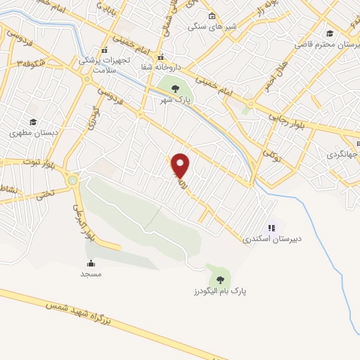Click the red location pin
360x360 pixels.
[x=181, y=165]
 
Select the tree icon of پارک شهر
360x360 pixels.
[x=175, y=88]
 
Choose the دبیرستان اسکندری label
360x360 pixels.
[x=266, y=239]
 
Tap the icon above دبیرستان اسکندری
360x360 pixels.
[x=271, y=228]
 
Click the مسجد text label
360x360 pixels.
[x=91, y=274]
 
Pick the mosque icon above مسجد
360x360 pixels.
[x=91, y=263]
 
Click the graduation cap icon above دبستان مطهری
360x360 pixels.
[x=32, y=122]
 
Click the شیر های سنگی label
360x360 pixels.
[x=212, y=27]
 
